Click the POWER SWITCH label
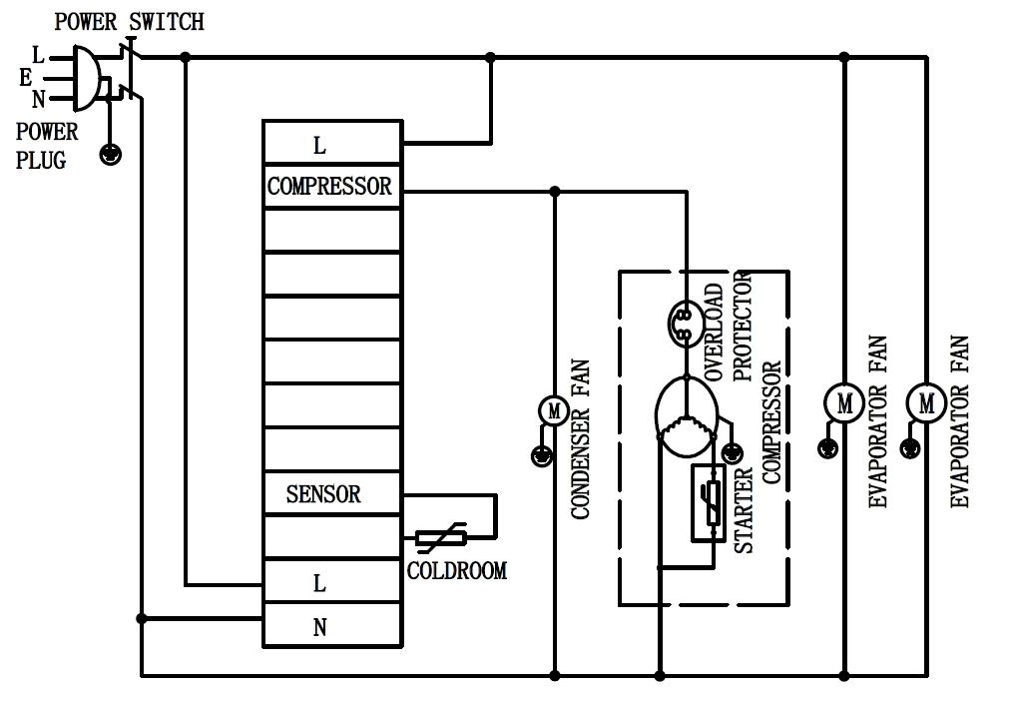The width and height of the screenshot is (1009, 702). [129, 22]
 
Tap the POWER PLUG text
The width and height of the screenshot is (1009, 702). [46, 145]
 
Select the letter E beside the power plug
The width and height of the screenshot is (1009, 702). [25, 76]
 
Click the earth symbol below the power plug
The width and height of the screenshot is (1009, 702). [112, 154]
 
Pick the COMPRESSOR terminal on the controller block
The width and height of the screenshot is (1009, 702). [330, 187]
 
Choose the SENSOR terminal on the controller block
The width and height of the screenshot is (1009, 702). [323, 493]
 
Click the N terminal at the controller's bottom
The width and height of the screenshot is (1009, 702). [320, 627]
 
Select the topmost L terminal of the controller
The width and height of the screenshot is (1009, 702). [319, 146]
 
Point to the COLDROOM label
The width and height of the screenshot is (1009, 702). [457, 571]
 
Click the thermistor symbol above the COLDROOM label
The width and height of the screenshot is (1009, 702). [436, 539]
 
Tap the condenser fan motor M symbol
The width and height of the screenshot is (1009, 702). [553, 409]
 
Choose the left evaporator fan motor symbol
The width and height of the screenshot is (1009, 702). [843, 403]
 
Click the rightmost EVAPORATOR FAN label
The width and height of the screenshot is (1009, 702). [959, 420]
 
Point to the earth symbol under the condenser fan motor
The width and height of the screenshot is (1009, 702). [540, 456]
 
